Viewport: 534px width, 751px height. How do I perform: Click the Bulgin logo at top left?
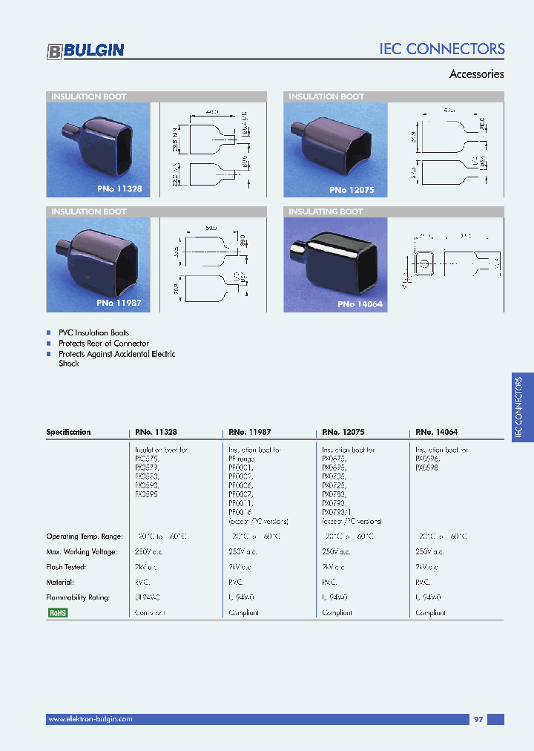coord(85,50)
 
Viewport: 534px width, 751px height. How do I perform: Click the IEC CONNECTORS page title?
coord(441,49)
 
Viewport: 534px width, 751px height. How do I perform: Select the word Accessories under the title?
coord(477,74)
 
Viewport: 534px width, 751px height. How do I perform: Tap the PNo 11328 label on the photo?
coord(119,189)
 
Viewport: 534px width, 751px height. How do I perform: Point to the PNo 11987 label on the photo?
coord(119,304)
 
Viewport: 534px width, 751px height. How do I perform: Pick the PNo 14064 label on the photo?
coord(360,304)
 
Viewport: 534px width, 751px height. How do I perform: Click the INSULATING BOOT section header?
coord(326,211)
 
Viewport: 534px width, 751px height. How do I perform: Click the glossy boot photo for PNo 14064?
coord(337,263)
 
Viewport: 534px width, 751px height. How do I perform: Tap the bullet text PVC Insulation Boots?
coord(93,333)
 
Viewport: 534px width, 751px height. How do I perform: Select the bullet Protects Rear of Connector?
coord(103,344)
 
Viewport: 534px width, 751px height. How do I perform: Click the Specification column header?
coord(68,432)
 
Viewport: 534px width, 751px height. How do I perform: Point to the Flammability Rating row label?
coord(78,597)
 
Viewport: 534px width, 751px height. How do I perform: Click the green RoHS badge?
coord(57,613)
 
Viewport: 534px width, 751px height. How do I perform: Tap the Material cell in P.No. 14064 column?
coord(423,583)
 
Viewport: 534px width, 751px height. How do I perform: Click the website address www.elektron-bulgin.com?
coord(90,719)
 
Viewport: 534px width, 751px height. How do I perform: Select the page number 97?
coord(478,719)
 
